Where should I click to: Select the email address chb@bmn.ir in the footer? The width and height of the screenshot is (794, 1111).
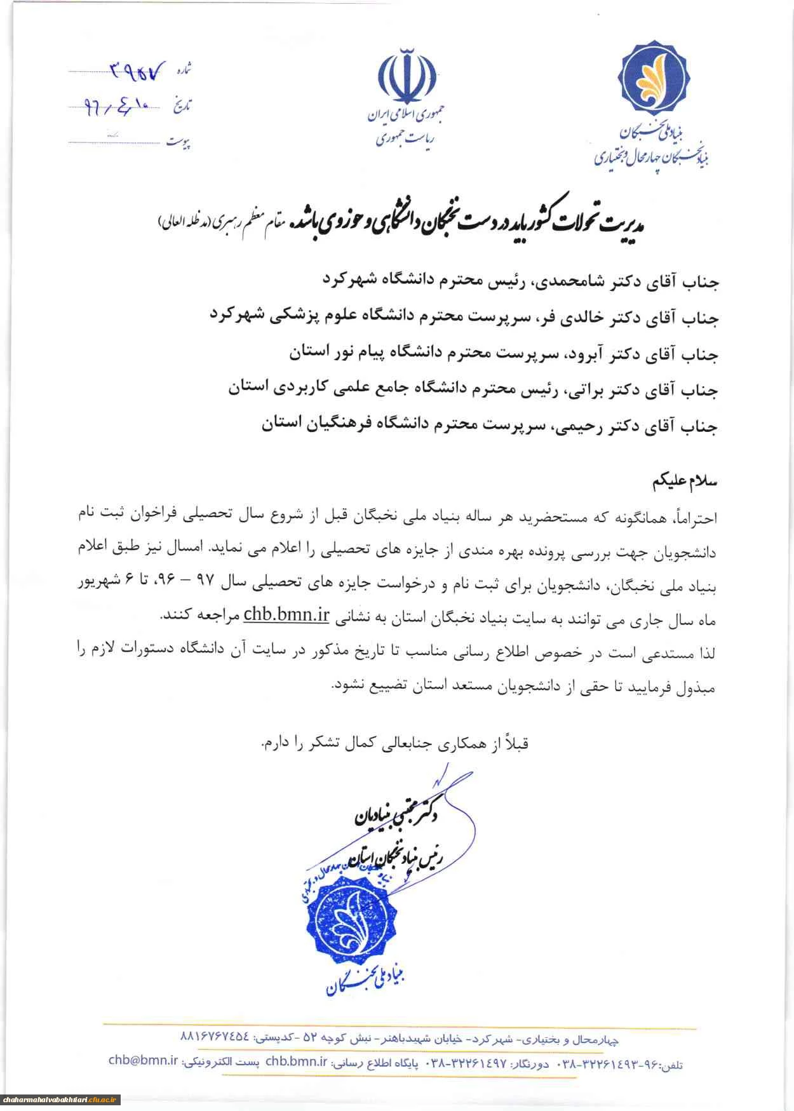coord(144,1060)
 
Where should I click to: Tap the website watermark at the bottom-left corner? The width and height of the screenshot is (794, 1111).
coord(60,1100)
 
